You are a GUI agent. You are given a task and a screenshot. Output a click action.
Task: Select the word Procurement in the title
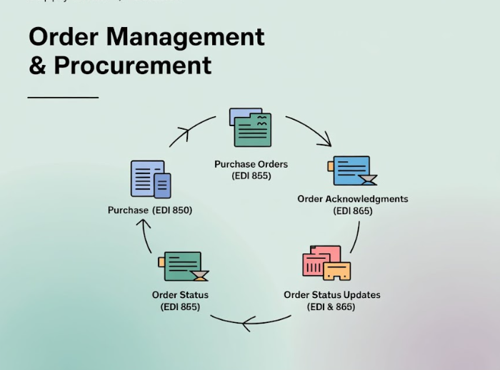(133, 66)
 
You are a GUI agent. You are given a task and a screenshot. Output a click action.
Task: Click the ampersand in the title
(37, 66)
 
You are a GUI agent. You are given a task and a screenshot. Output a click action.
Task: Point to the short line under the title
(63, 97)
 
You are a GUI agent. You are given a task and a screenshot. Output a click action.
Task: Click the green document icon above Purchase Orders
(251, 128)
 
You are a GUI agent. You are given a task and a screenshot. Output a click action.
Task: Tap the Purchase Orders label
(251, 165)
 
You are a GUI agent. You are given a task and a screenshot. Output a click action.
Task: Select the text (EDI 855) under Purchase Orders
(251, 175)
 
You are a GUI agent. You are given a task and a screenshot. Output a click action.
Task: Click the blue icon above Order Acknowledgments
(351, 171)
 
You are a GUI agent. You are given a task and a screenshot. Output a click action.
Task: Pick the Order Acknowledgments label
(353, 199)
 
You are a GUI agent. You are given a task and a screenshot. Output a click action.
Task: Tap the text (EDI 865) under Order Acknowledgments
(353, 210)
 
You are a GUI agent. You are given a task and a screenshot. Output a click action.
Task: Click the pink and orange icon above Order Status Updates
(326, 263)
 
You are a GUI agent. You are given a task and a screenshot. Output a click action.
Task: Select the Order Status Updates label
(332, 295)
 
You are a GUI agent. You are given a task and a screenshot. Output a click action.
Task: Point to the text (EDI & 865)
(331, 307)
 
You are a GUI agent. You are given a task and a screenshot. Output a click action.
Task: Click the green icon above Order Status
(183, 266)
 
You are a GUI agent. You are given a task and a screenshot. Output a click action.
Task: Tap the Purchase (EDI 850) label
(150, 210)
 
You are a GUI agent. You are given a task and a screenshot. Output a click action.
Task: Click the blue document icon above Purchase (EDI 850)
(151, 179)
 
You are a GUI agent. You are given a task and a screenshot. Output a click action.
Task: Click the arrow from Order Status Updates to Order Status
(250, 323)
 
